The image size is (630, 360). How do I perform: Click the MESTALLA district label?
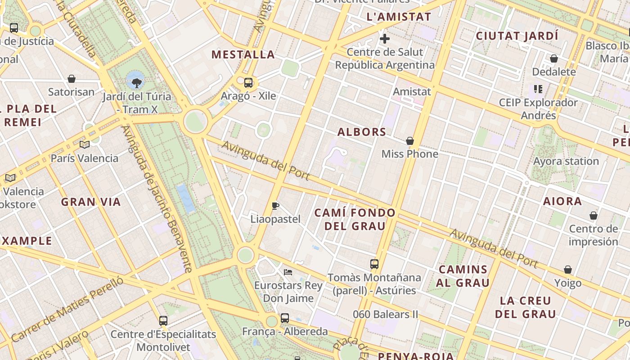(243, 54)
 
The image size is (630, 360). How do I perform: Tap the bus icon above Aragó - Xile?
(248, 83)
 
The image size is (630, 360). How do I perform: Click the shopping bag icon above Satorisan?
(71, 79)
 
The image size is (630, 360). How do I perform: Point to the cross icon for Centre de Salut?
(385, 39)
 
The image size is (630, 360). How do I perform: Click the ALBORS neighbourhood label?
(362, 132)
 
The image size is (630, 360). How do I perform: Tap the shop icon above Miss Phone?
(409, 141)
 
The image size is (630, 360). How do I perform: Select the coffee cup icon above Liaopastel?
(275, 206)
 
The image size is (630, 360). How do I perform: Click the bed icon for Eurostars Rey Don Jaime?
(288, 272)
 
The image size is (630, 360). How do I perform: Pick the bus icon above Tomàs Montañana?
(374, 264)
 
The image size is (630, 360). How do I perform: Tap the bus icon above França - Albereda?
(285, 318)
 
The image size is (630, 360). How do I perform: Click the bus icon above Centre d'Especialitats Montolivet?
(163, 321)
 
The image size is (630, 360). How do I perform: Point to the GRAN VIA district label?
(91, 202)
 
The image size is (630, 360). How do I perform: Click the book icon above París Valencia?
(84, 144)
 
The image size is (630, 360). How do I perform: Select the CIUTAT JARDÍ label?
(517, 36)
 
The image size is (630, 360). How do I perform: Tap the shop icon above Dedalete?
(553, 59)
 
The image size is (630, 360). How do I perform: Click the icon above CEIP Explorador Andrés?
(538, 89)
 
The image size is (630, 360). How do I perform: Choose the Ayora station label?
(566, 161)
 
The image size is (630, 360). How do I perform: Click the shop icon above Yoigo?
(567, 270)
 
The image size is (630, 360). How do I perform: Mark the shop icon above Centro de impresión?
(593, 216)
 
